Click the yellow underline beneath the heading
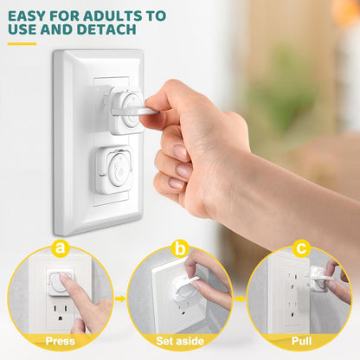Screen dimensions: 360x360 (22, 43)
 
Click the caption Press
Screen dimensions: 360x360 (60, 341)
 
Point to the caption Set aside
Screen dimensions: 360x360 (180, 341)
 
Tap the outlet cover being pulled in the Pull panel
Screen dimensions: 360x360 (318, 279)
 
